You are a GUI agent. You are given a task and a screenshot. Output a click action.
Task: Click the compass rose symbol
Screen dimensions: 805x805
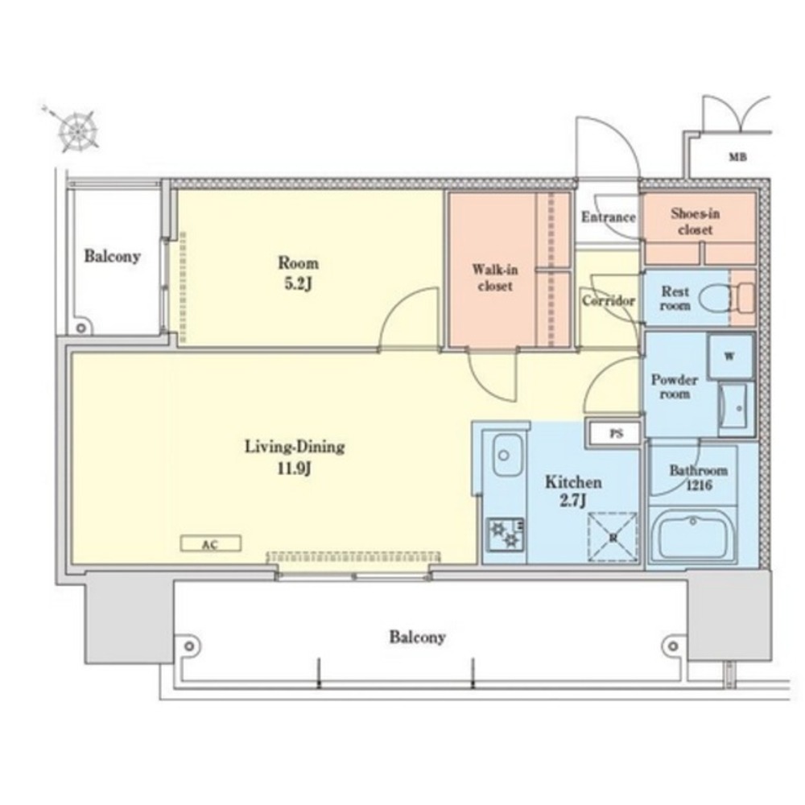[x=77, y=130]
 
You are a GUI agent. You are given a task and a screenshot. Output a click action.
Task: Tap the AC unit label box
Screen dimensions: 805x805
[x=210, y=543]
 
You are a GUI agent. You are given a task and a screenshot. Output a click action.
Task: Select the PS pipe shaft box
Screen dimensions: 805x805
[x=616, y=433]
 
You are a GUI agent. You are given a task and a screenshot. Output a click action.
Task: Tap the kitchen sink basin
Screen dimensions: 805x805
[x=508, y=455]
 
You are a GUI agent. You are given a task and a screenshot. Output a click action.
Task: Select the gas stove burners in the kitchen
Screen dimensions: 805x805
[x=506, y=535]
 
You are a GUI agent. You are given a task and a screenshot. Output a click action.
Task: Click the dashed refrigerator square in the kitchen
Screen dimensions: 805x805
[x=613, y=537]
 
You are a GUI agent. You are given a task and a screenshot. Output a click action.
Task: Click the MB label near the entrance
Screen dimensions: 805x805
[x=737, y=157]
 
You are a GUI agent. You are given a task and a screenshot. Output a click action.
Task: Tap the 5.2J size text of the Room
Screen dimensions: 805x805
[x=299, y=283]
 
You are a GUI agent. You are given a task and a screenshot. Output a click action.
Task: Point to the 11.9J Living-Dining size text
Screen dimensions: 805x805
[x=294, y=468]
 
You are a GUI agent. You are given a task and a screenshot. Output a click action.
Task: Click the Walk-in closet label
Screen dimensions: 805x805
[x=495, y=277]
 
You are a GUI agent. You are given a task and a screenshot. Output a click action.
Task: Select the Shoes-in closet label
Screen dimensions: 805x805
[x=696, y=221]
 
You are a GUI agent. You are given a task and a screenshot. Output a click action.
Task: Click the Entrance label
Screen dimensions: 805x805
[x=609, y=217]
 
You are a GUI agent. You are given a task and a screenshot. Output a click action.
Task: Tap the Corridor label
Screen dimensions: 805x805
[x=609, y=300]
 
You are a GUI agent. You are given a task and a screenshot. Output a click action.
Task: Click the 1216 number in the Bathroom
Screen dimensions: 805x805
[x=699, y=485]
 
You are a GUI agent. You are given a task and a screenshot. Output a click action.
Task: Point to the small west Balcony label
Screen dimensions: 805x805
[x=113, y=256]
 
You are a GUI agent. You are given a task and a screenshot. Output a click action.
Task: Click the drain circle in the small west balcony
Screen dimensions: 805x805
[x=80, y=328]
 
